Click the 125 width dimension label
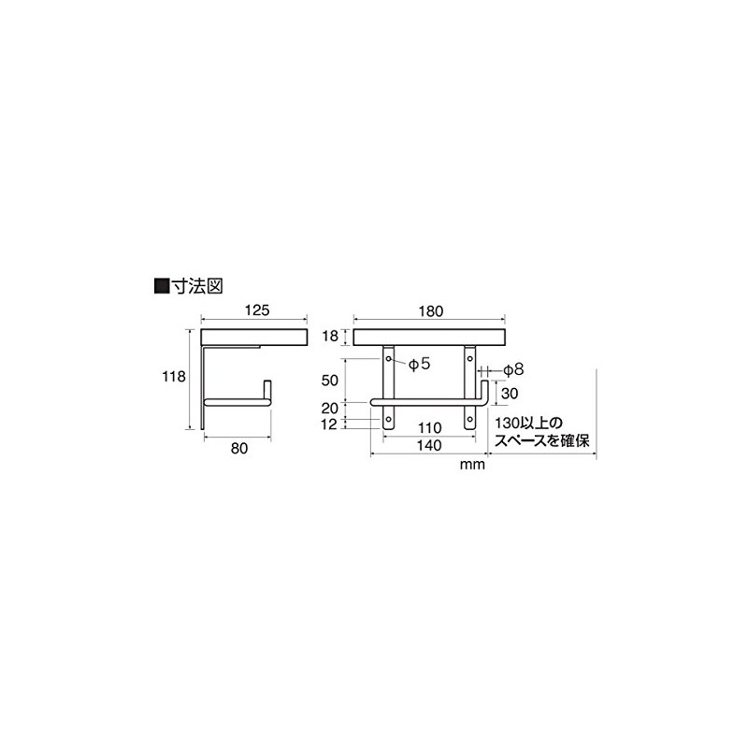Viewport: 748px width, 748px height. coord(257,310)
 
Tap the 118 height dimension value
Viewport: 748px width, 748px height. coord(173,377)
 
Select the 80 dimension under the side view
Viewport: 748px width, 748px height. coord(239,449)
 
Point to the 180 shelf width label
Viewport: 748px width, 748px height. coord(431,311)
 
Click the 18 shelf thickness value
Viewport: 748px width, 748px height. coord(330,336)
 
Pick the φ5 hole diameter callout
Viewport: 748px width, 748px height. coord(420,364)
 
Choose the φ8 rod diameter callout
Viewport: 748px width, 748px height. coord(513,369)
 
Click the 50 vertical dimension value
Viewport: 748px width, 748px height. coord(330,381)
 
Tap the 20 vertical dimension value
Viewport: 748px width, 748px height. coord(330,409)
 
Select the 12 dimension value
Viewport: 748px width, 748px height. coord(330,424)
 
